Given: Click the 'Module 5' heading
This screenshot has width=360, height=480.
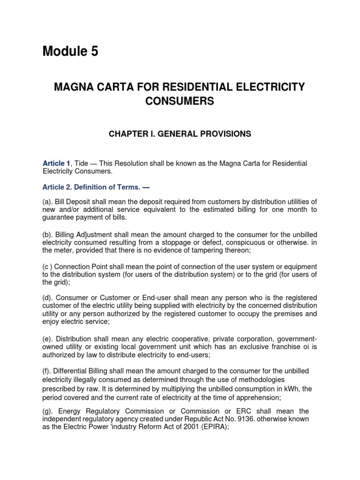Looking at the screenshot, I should (70, 52).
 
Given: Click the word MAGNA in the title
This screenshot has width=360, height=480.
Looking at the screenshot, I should (76, 87).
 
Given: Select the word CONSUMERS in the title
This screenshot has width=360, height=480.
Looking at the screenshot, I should (180, 101).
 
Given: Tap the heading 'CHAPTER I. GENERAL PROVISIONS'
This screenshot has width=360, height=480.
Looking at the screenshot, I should (180, 134).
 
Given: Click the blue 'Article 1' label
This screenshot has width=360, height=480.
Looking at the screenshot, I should (56, 163).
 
